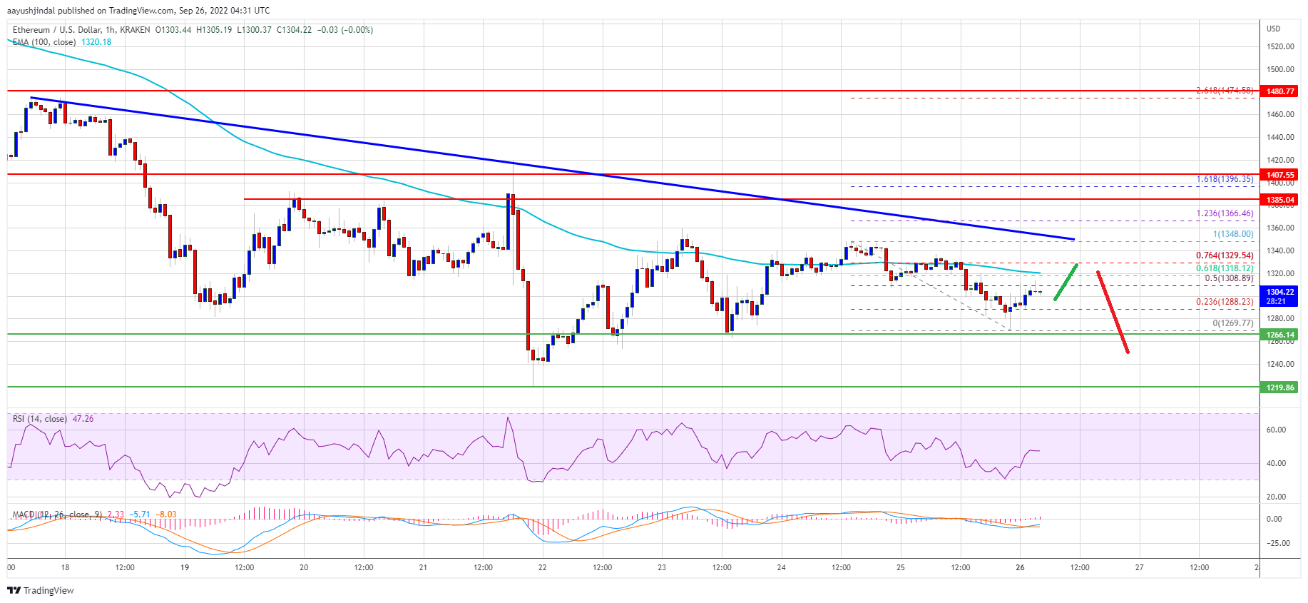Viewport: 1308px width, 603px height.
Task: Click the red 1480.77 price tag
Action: [1280, 91]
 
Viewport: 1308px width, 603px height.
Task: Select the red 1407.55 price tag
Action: [1280, 175]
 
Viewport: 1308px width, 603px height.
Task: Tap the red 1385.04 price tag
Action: [1280, 200]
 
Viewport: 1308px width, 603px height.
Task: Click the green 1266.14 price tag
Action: [1280, 335]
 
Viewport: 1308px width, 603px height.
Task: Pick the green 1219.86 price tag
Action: [1280, 387]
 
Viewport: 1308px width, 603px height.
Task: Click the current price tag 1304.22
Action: [1280, 292]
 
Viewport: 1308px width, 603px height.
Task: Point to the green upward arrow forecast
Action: [1066, 282]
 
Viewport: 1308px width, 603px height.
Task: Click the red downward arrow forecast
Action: [1113, 312]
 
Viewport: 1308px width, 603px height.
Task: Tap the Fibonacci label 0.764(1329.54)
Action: [1224, 255]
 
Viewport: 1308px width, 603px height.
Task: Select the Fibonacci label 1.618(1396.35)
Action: [1224, 179]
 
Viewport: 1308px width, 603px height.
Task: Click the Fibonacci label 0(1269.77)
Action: [1232, 323]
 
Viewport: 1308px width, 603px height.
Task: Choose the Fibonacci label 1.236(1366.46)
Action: [1224, 213]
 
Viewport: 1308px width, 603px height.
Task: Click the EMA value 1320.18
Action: [96, 42]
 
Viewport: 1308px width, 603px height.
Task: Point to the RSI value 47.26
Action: [83, 419]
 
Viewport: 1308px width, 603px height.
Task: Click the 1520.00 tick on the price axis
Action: [1280, 46]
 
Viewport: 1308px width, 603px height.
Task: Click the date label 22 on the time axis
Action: [543, 567]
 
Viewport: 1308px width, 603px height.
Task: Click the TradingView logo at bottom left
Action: [41, 590]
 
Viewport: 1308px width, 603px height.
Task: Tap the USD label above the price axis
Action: [1273, 29]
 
